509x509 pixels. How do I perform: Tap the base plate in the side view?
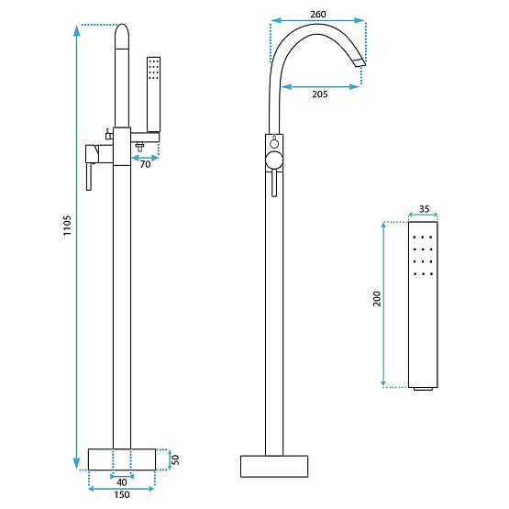pos(272,465)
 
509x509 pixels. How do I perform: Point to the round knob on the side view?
pos(272,162)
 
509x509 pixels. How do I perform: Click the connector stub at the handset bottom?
pos(423,390)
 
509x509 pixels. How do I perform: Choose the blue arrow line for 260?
pos(317,25)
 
